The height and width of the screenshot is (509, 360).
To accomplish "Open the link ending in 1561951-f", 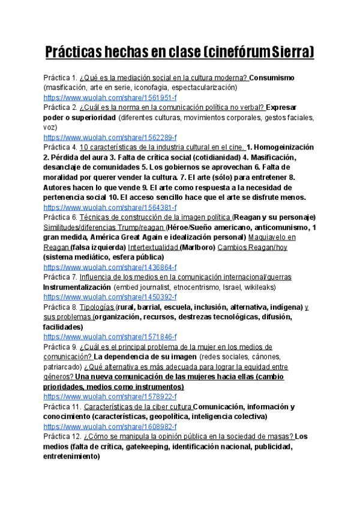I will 110,97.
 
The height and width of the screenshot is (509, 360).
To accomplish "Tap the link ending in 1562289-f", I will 110,137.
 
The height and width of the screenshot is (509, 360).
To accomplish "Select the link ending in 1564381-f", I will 110,207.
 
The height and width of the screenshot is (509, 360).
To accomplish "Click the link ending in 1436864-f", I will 110,267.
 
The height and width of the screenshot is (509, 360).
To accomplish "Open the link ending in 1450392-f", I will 110,297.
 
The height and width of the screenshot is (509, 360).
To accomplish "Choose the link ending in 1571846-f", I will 110,337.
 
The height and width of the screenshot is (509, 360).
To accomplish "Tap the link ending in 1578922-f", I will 110,397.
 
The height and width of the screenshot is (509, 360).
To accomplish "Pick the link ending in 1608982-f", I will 110,427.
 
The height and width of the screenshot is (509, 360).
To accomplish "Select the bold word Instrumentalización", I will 77,288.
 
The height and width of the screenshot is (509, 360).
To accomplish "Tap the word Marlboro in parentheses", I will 199,247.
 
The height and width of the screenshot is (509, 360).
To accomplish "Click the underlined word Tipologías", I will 97,307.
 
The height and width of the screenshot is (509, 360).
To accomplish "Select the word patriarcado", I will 64,367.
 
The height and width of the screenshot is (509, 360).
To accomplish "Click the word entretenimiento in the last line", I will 71,456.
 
